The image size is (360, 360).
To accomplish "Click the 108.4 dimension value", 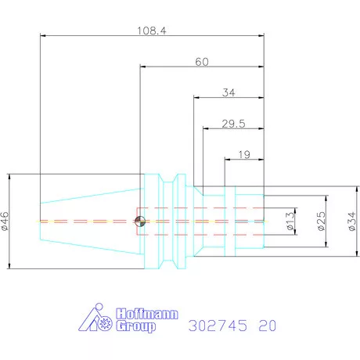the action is [x=152, y=31].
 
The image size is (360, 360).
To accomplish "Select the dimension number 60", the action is [x=202, y=62].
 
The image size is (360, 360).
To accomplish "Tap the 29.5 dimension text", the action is [x=233, y=124].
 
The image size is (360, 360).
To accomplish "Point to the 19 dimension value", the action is [x=244, y=155].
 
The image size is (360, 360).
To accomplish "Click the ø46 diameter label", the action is [x=5, y=221].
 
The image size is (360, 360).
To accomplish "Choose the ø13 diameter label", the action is [x=290, y=221].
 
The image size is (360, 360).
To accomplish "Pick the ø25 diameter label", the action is [x=322, y=221].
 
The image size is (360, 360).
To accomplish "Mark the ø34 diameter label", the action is [x=352, y=221].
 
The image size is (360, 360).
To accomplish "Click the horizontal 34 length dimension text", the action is [x=229, y=92].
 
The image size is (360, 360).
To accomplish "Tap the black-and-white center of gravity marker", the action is [x=140, y=221].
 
